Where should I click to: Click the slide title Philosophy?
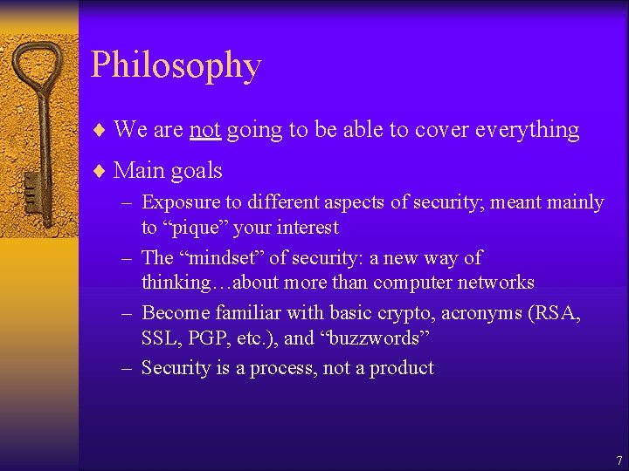click(x=176, y=66)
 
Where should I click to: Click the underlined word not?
click(x=204, y=130)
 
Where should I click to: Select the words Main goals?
click(x=168, y=170)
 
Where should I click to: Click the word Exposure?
click(x=181, y=202)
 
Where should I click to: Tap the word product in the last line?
click(x=401, y=368)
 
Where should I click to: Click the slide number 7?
click(x=619, y=460)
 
